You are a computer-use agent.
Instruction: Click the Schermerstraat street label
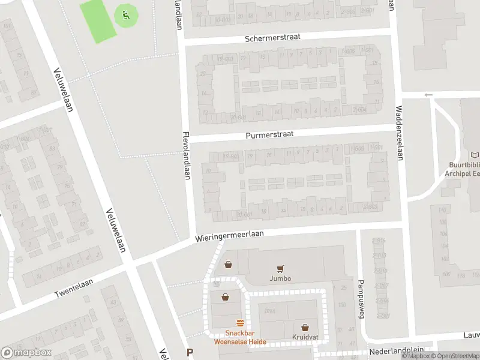click(x=272, y=37)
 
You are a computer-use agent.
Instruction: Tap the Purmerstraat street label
click(x=269, y=135)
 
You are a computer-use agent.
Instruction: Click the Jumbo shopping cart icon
click(x=280, y=269)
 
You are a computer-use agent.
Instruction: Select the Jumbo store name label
click(x=280, y=278)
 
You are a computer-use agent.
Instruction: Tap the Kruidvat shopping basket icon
click(x=305, y=328)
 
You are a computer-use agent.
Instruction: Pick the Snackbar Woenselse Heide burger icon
click(x=240, y=323)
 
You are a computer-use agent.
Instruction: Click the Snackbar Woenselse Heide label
click(x=240, y=338)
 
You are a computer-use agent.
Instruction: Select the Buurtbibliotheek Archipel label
click(x=464, y=169)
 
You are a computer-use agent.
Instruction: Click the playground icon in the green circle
click(x=125, y=14)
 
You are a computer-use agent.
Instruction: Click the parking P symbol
click(x=190, y=353)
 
